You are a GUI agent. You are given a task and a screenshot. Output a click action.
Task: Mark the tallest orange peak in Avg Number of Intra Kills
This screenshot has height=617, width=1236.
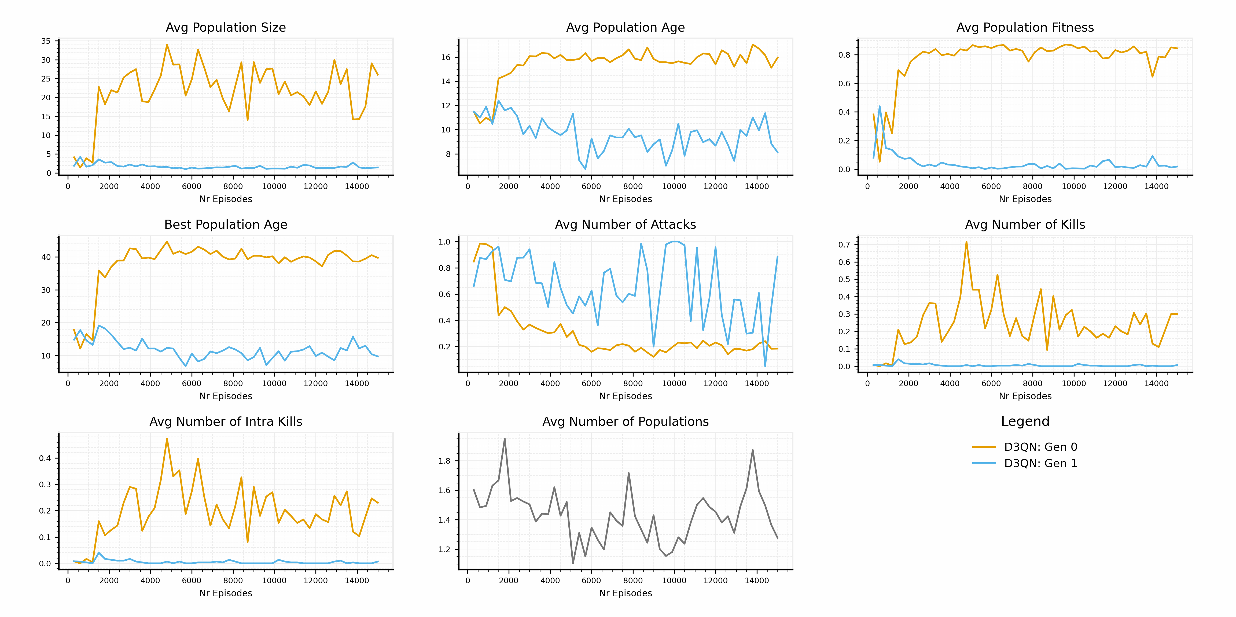[x=167, y=438]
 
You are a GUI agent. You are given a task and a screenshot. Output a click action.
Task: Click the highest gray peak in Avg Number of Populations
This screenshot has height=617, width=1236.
[x=504, y=438]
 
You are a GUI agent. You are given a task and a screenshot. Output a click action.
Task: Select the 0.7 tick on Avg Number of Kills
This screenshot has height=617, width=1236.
[x=844, y=245]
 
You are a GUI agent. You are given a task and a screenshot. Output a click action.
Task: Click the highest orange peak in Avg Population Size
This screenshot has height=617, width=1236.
[x=167, y=45]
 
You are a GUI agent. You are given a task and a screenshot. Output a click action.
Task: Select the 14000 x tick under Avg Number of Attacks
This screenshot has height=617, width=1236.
[x=757, y=383]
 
